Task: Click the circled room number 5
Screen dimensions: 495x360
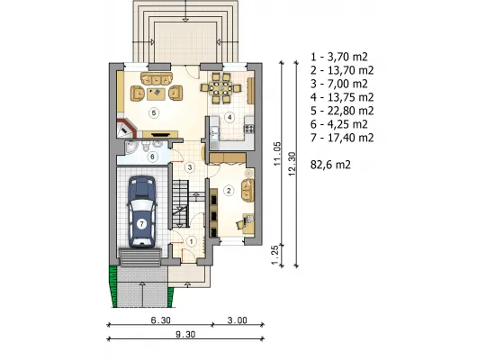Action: (x=154, y=113)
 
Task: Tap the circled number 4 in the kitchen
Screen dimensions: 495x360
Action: (x=229, y=118)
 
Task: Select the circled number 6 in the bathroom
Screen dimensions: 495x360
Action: (x=153, y=157)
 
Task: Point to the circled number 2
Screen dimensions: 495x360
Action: (x=229, y=191)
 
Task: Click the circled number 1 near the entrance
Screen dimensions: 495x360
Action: (x=192, y=241)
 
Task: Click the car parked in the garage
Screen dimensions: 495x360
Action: (x=142, y=211)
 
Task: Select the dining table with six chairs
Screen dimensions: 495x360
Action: (x=221, y=88)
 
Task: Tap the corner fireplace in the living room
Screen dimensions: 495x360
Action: (x=126, y=128)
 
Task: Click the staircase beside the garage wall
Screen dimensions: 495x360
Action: (x=181, y=203)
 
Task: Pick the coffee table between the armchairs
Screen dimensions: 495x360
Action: (x=156, y=94)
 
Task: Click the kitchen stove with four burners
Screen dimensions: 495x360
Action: (x=248, y=129)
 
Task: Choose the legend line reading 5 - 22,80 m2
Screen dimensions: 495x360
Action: (x=342, y=111)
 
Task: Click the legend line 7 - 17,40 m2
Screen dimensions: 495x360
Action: (x=342, y=138)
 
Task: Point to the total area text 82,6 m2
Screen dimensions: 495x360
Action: (x=330, y=165)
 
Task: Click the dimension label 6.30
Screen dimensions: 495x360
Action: (x=161, y=320)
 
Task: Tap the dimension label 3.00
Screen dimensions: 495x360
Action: (x=238, y=320)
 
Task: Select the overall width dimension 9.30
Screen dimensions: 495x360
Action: (x=185, y=334)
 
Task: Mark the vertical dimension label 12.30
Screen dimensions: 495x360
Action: (x=292, y=164)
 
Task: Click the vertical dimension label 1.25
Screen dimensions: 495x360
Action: (x=275, y=255)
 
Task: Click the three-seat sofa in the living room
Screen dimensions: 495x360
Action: (x=157, y=78)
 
